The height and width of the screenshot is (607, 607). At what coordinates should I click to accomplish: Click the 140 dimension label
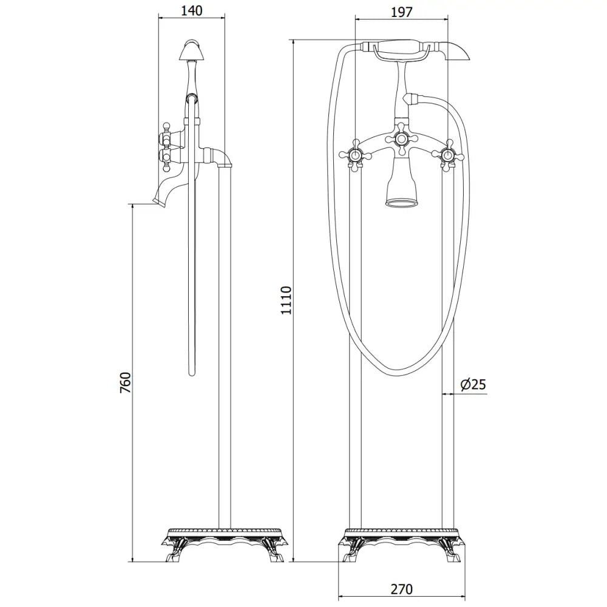coord(191,10)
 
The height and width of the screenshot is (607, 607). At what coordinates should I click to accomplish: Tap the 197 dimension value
coord(401,12)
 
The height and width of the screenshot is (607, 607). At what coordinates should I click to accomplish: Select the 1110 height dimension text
coord(286,300)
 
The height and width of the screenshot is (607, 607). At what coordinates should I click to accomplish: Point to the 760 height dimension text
coord(125,384)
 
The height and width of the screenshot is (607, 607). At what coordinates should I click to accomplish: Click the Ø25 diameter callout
coord(473,384)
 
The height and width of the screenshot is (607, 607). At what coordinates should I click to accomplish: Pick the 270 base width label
coord(401,589)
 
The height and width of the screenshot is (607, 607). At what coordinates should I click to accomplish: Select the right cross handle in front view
coord(449,155)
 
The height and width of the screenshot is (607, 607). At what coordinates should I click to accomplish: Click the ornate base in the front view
coord(401,543)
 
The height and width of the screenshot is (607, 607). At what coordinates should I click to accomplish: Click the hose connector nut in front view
coord(413,97)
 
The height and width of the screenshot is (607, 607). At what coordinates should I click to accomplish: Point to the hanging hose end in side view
coord(193,370)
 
